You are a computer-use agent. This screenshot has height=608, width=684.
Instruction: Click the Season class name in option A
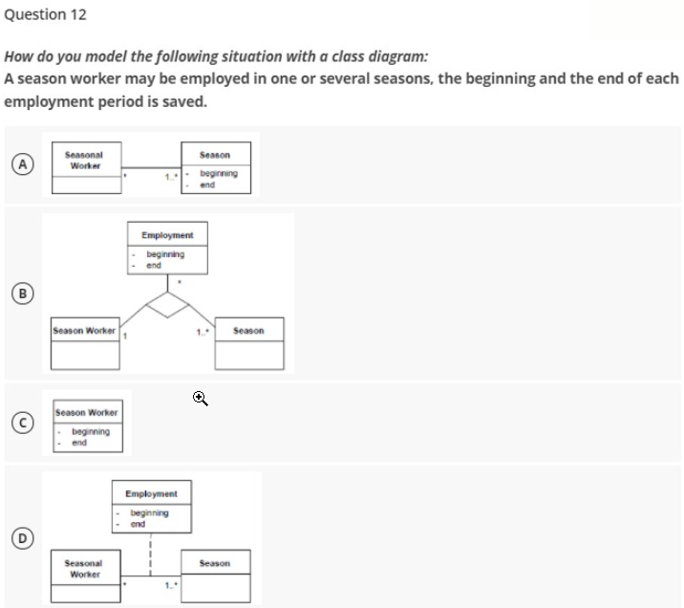click(215, 155)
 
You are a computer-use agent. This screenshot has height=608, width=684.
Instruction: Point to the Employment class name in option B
click(167, 234)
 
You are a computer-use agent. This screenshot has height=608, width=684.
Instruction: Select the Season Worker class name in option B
click(85, 331)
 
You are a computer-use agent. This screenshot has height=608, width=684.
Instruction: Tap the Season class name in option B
click(248, 331)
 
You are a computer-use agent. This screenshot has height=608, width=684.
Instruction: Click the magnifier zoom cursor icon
click(200, 397)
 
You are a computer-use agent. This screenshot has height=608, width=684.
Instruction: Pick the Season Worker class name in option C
click(87, 412)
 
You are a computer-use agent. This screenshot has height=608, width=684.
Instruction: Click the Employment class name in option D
click(152, 493)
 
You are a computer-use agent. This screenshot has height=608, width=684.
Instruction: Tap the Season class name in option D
click(215, 563)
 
